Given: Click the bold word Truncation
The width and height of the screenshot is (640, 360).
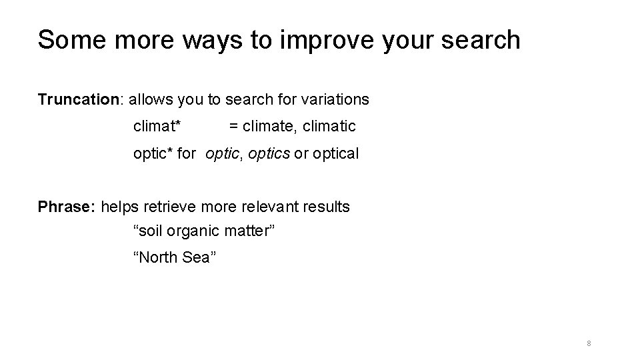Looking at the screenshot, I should [77, 99].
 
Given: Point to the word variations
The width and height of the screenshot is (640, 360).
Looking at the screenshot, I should [335, 99].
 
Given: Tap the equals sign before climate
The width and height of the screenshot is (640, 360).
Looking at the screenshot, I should [233, 126].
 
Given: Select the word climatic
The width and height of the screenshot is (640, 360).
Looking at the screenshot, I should [329, 126].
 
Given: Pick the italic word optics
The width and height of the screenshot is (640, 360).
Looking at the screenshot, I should [269, 153].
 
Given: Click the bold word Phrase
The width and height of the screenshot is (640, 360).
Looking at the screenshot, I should [67, 207].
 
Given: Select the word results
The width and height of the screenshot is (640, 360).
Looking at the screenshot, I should [325, 207].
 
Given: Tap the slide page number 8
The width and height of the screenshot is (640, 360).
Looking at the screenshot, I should [589, 343].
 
